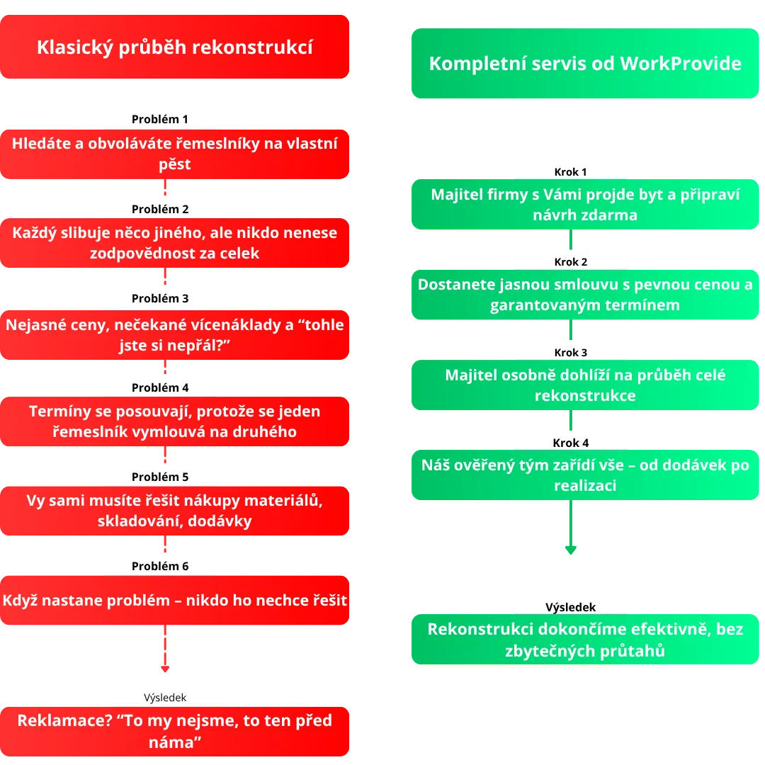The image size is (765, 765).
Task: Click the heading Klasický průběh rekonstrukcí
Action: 174,47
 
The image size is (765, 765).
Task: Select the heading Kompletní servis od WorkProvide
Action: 584,64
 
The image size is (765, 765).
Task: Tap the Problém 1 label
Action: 160,119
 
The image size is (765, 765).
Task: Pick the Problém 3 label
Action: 160,298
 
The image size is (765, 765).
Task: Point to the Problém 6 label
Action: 160,566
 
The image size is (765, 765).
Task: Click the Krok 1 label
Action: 570,171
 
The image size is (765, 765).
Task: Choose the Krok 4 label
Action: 570,443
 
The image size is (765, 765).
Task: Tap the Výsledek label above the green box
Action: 570,607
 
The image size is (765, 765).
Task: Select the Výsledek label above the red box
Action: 165,697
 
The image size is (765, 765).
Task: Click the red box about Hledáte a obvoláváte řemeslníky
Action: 174,154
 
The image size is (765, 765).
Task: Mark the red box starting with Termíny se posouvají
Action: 174,421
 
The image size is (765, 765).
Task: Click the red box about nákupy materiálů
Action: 174,511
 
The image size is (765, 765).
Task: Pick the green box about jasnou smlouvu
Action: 584,295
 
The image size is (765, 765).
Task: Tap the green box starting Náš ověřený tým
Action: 584,475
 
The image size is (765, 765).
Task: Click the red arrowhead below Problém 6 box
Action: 165,667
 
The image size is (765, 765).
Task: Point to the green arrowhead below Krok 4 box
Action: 569,549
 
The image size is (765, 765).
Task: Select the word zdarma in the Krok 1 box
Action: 609,215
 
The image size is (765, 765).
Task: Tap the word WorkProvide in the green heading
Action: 680,64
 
